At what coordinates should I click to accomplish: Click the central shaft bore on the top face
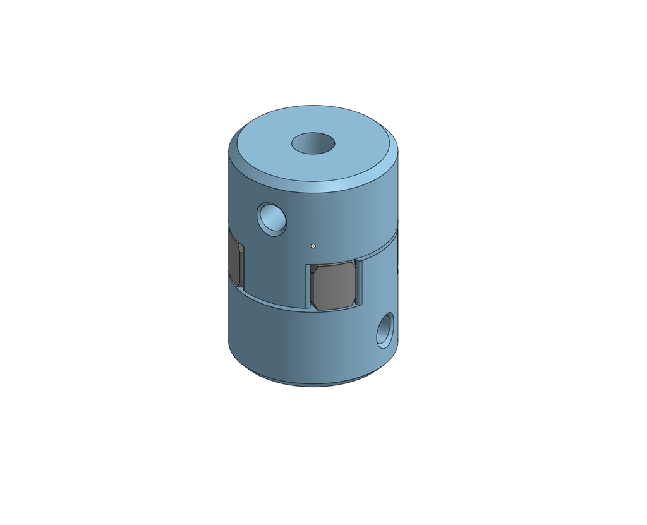coord(313,143)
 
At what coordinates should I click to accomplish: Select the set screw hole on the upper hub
coord(272,219)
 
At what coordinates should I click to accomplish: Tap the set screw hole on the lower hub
coord(385,330)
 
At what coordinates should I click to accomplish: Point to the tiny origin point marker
coord(313,246)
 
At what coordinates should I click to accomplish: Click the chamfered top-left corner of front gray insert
coord(314,269)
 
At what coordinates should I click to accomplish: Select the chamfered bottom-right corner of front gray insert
coord(351,304)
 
